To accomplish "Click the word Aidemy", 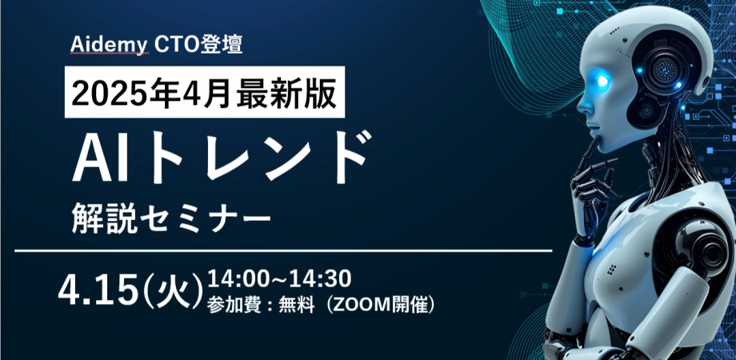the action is coord(110,45).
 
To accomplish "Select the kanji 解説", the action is coord(104,218).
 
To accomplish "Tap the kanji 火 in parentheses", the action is coord(172,292).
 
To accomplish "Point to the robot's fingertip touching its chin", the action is coord(596,140).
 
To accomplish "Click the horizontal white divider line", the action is coord(283,250).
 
